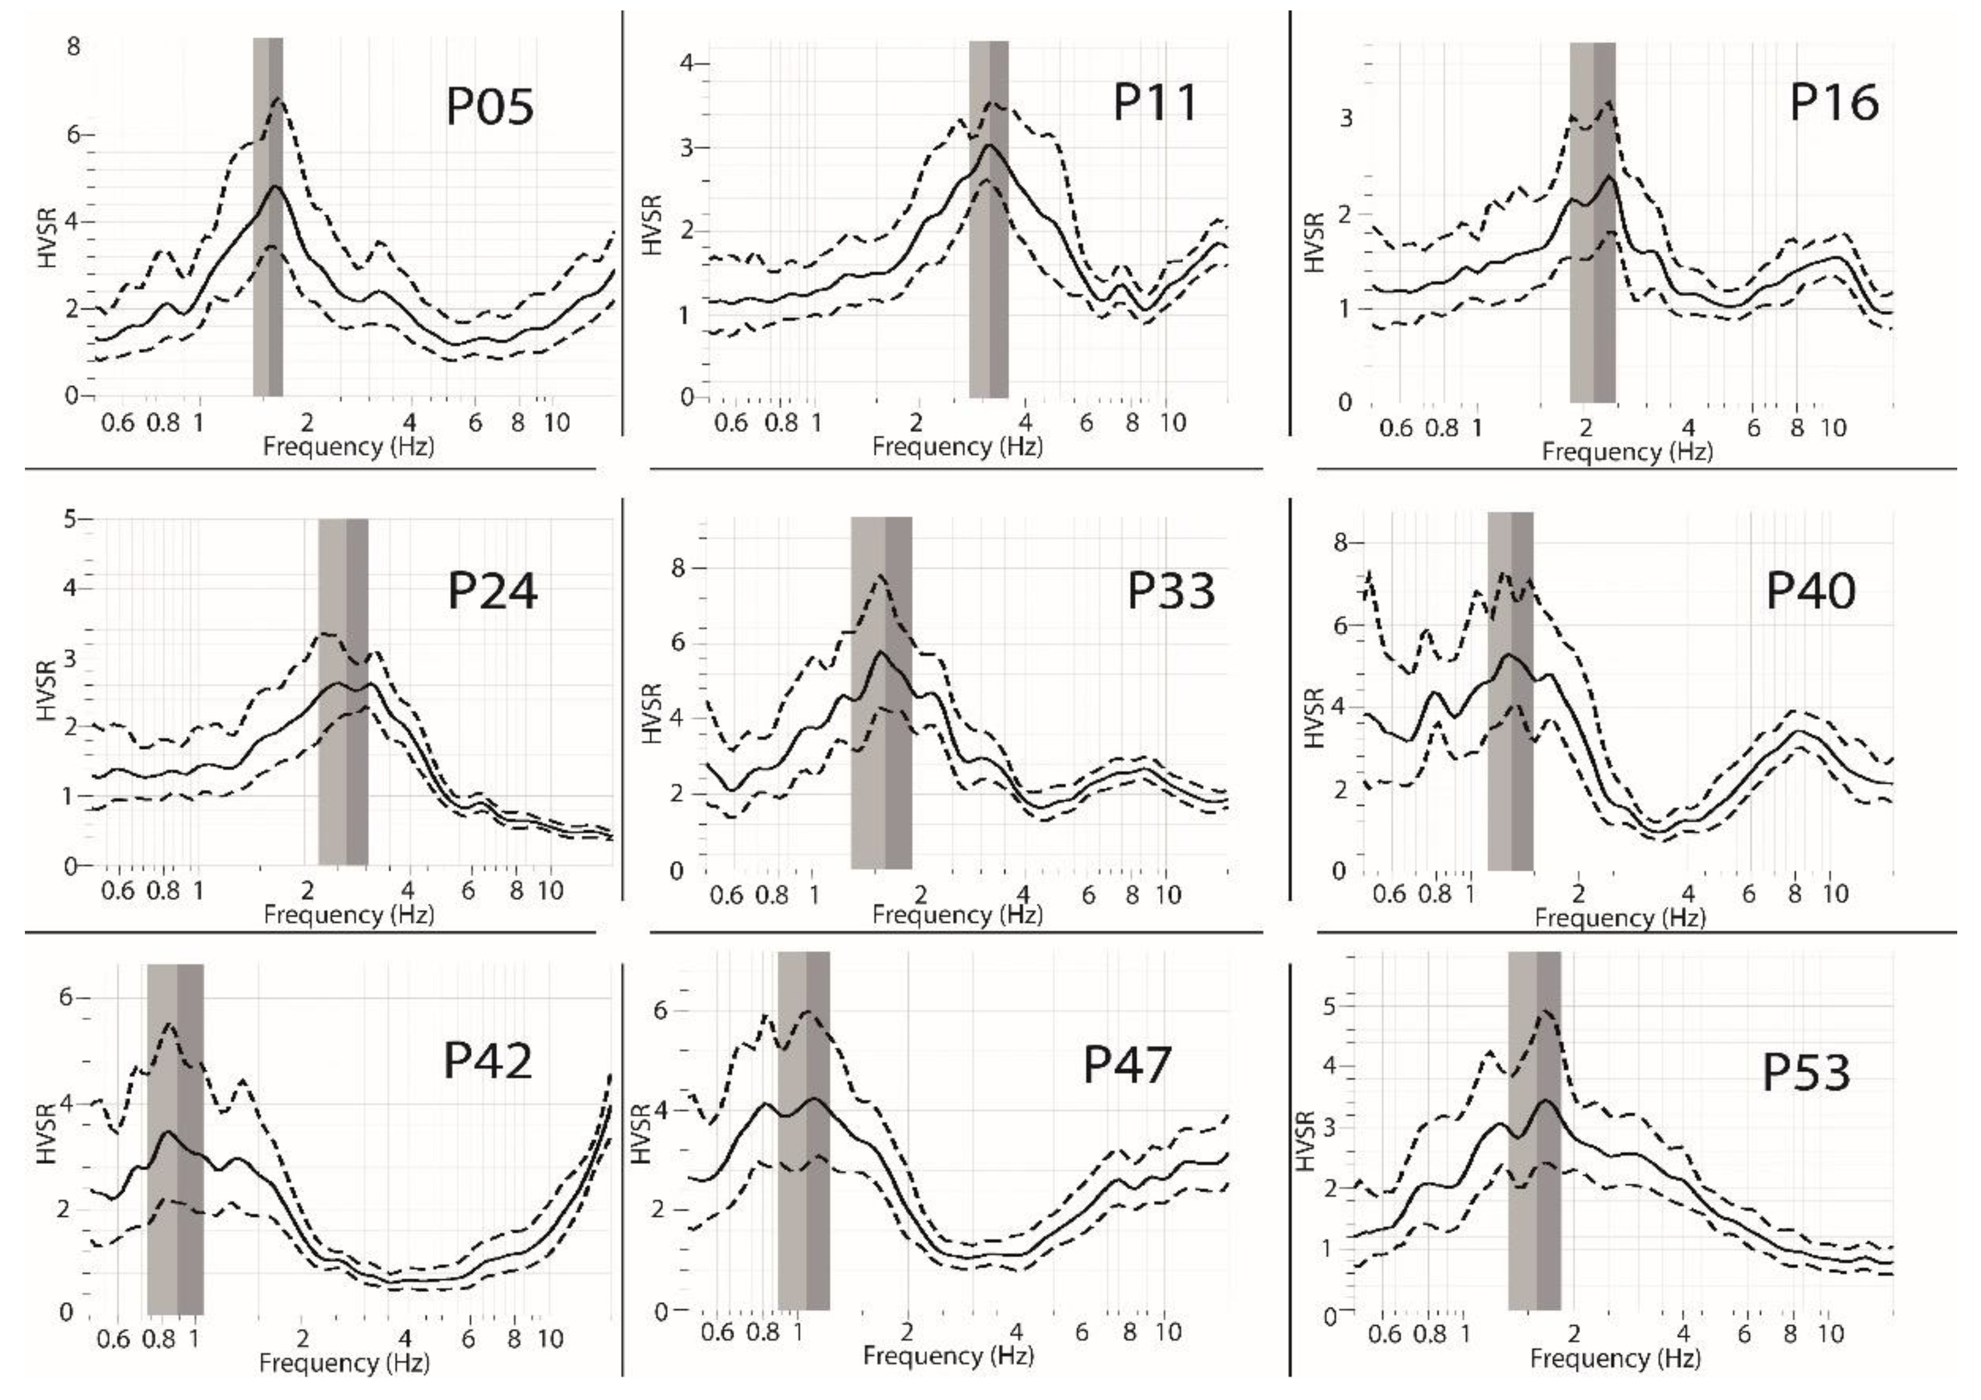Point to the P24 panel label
492,592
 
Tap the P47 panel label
1127,1065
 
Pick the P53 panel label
1806,1073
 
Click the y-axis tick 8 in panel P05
74,46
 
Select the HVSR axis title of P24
48,691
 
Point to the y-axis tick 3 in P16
1346,119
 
